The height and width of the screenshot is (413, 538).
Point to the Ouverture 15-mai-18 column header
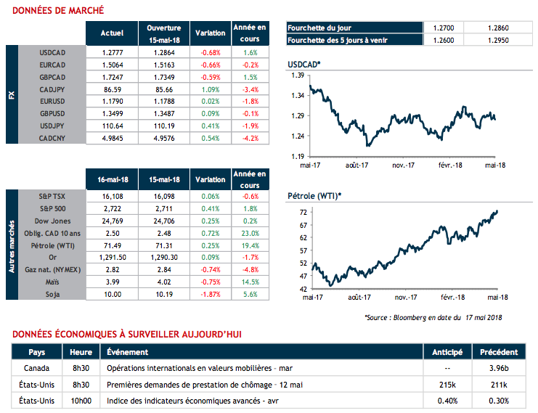tap(163, 33)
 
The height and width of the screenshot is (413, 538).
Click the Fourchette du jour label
tap(319, 28)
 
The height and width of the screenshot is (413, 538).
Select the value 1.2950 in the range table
tap(501, 40)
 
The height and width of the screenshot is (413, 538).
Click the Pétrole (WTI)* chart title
tap(314, 196)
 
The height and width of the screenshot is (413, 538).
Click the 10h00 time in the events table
tap(81, 401)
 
